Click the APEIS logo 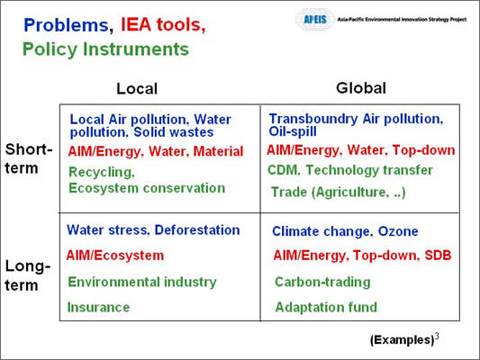point(314,20)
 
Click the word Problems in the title point(66,25)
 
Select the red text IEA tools point(163,24)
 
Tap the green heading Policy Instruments point(105,49)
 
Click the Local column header point(137,89)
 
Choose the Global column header point(361,88)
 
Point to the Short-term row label point(29,158)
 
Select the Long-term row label point(28,275)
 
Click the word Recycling point(102,173)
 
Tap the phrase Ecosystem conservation point(147,188)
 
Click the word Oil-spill point(293,131)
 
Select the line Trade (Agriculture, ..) point(339,193)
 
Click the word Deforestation point(197,230)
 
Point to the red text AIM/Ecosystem point(114,256)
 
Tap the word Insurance point(98,307)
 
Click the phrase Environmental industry point(142,282)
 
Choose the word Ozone point(398,231)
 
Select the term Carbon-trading point(322,282)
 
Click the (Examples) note point(403,340)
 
